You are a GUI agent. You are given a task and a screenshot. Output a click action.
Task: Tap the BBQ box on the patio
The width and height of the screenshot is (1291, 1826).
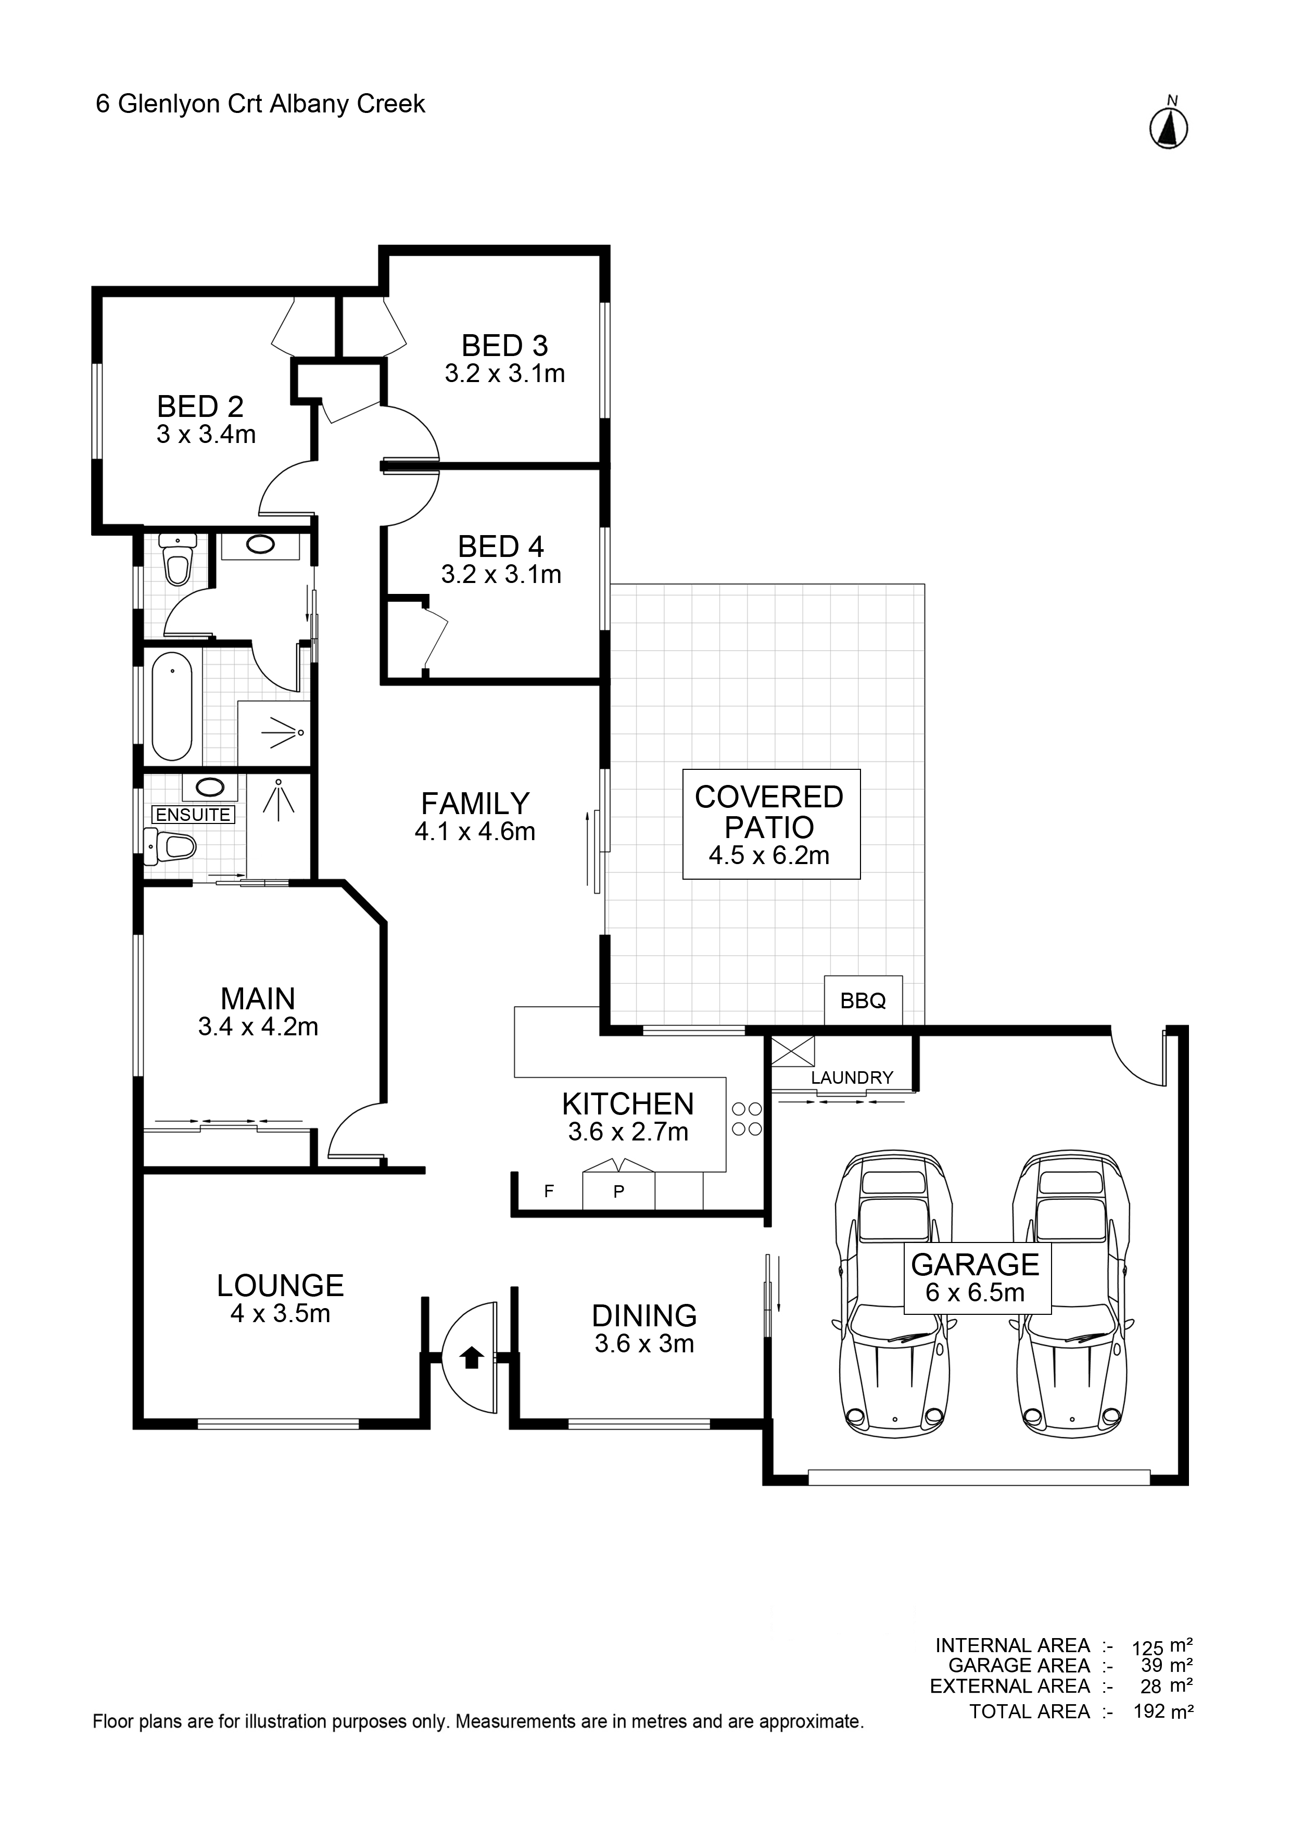tap(863, 1000)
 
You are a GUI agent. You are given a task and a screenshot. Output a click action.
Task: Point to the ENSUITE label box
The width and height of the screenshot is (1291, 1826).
tap(193, 815)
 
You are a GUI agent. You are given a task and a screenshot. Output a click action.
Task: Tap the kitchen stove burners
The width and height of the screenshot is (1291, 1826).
tap(746, 1118)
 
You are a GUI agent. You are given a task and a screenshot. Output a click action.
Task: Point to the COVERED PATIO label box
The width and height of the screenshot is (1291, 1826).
tap(771, 824)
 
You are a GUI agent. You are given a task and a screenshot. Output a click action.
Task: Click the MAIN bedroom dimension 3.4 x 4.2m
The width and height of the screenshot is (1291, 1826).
tap(259, 1026)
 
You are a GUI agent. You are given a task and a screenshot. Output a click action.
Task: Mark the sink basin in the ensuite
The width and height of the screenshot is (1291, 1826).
tap(210, 788)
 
